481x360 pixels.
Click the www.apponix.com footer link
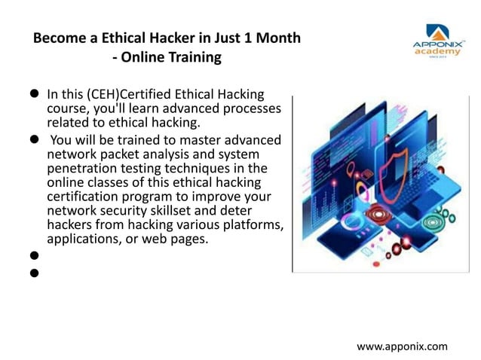(402, 346)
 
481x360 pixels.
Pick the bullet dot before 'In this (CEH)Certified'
(34, 96)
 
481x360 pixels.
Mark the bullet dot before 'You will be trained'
(34, 140)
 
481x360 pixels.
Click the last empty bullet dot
(34, 273)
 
